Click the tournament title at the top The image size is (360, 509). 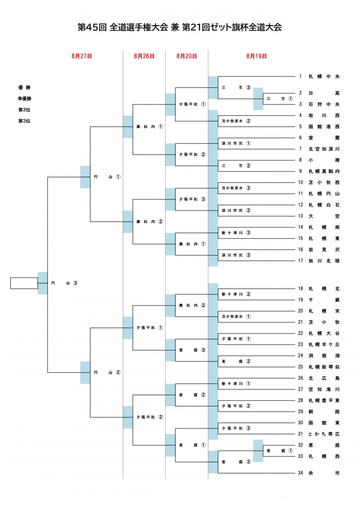pyautogui.click(x=180, y=27)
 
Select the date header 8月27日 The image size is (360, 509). pyautogui.click(x=81, y=56)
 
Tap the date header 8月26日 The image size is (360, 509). pyautogui.click(x=144, y=56)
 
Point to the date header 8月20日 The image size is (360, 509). pyautogui.click(x=186, y=56)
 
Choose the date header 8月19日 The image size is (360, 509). pyautogui.click(x=256, y=56)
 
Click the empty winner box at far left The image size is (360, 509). pyautogui.click(x=24, y=283)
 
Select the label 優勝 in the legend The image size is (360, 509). pyautogui.click(x=24, y=87)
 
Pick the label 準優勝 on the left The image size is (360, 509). pyautogui.click(x=24, y=99)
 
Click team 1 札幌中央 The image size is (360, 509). pyautogui.click(x=324, y=77)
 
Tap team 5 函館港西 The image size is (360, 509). pyautogui.click(x=324, y=126)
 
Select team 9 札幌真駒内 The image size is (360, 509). pyautogui.click(x=324, y=171)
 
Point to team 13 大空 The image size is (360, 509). pyautogui.click(x=324, y=216)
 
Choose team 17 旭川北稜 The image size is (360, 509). pyautogui.click(x=324, y=261)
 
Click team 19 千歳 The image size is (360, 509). pyautogui.click(x=324, y=300)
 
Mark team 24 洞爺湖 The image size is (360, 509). pyautogui.click(x=324, y=356)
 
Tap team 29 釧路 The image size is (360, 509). pyautogui.click(x=324, y=411)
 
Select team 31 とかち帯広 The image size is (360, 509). pyautogui.click(x=324, y=434)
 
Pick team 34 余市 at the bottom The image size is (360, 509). pyautogui.click(x=324, y=473)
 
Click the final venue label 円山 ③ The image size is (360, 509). pyautogui.click(x=65, y=283)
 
